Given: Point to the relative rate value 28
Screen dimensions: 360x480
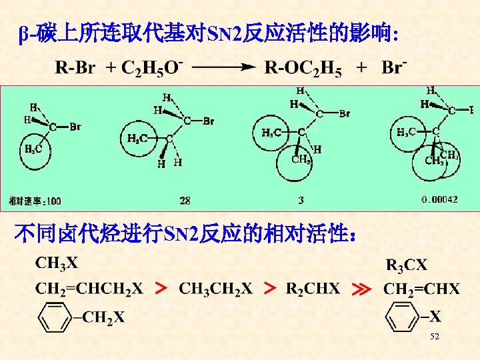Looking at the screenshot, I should (185, 200).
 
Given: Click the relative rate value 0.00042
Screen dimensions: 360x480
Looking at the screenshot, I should (439, 199).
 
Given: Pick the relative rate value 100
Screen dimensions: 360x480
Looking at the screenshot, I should (53, 201).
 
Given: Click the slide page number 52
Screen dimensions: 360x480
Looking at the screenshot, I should (435, 338).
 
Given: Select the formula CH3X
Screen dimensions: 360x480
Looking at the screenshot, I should (57, 263).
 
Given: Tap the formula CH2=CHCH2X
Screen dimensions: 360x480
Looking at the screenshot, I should (89, 289).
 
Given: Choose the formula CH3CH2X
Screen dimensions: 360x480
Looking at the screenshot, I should (215, 289).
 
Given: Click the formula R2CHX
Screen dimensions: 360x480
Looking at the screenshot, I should (313, 289).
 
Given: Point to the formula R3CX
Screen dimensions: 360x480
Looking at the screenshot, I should (407, 265).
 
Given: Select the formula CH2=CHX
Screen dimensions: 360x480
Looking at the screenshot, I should (421, 289).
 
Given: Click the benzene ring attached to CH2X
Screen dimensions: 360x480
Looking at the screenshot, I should (55, 318).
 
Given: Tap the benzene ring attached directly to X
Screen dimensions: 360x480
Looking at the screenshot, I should (403, 318).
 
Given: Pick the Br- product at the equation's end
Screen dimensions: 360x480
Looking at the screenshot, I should (395, 67).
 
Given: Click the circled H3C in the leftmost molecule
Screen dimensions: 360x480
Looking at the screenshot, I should (34, 149).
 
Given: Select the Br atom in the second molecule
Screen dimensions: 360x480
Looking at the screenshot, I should (207, 121).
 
